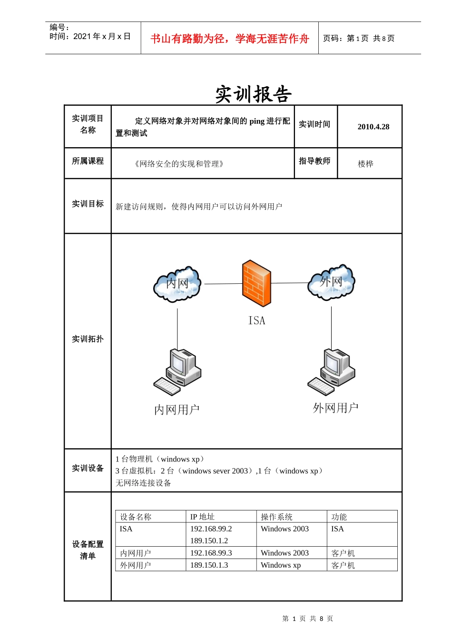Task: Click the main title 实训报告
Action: (x=253, y=94)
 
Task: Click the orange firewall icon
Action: (x=256, y=283)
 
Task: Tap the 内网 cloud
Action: (x=177, y=284)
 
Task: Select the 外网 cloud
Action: (x=331, y=282)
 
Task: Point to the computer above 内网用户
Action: (x=178, y=372)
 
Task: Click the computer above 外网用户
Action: (x=332, y=371)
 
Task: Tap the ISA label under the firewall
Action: (x=257, y=320)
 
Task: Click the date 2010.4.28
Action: (x=373, y=127)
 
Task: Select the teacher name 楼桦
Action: (x=365, y=164)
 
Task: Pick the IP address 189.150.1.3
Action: (x=209, y=565)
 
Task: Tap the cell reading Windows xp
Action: (x=281, y=565)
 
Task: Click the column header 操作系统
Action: (x=276, y=517)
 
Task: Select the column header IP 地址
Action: (x=202, y=517)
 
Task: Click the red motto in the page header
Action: (x=230, y=39)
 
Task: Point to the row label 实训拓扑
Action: (x=88, y=339)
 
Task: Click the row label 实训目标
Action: (x=88, y=204)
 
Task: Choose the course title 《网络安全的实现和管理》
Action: (x=179, y=164)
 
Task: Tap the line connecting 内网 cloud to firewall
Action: (x=223, y=284)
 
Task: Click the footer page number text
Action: (x=307, y=619)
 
